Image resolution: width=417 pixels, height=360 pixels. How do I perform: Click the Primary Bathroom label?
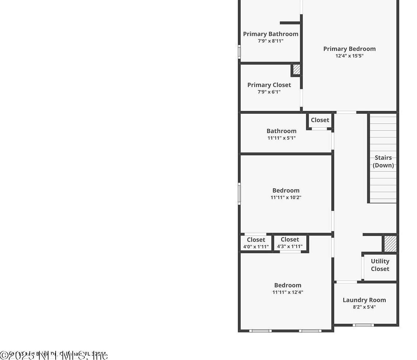tap(270, 34)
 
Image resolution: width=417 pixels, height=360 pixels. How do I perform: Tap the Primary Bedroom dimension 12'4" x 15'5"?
tap(349, 56)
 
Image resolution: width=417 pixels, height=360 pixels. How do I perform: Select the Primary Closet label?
tap(269, 85)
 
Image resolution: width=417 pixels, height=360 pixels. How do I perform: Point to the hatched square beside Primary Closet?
tap(296, 69)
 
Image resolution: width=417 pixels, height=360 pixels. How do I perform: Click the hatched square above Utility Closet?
tap(390, 244)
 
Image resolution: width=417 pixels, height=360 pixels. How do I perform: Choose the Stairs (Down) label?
tap(383, 162)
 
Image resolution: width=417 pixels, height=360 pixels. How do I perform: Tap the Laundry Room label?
tap(364, 300)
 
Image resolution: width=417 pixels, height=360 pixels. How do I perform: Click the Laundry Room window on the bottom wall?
tap(363, 325)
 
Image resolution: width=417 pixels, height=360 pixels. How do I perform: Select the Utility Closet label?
tap(380, 265)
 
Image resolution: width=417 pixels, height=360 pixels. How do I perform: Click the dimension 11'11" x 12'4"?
tap(288, 292)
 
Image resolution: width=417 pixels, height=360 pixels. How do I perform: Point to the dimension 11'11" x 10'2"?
tap(286, 197)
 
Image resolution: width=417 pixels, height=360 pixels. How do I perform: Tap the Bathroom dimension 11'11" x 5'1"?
tap(281, 138)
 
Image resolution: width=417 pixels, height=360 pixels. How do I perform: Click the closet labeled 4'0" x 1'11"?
tap(256, 243)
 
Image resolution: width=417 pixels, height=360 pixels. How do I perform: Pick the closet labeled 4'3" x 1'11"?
tap(290, 243)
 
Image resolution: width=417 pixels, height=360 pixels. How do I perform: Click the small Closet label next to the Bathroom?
tap(320, 120)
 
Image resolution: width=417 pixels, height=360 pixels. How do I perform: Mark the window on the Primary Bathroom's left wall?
tap(239, 52)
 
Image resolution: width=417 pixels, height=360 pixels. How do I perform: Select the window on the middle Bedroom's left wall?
tap(239, 194)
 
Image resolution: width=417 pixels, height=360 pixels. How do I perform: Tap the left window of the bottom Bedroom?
tap(260, 331)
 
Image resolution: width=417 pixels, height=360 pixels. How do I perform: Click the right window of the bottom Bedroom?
tap(310, 331)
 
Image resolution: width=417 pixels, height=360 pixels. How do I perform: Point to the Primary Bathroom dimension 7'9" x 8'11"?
tap(270, 41)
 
